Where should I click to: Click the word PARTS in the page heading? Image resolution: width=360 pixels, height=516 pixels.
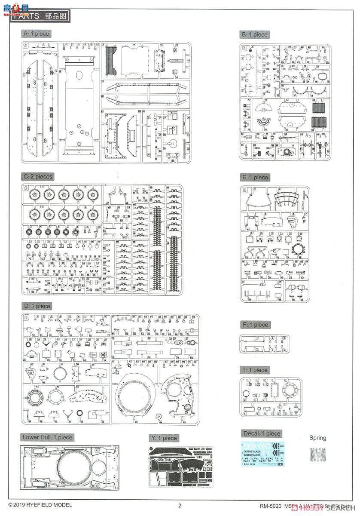26,16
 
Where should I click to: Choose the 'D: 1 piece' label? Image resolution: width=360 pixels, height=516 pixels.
37,306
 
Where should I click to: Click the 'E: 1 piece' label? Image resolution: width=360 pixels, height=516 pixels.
255,177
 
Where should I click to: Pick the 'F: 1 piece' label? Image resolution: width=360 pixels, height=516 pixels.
255,325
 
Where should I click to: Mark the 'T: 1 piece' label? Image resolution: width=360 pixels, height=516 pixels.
255,370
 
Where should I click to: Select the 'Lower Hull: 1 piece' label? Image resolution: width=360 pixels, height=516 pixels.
48,437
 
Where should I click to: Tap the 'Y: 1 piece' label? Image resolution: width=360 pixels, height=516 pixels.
164,438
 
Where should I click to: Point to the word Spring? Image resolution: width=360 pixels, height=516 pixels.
318,438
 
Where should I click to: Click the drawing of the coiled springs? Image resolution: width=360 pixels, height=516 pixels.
318,455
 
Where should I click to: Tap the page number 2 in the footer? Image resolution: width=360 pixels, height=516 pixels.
180,505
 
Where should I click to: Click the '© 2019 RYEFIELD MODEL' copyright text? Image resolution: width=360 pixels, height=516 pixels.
40,505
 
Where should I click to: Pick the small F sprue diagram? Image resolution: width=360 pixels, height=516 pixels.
264,344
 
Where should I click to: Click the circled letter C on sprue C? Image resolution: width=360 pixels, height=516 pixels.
26,187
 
